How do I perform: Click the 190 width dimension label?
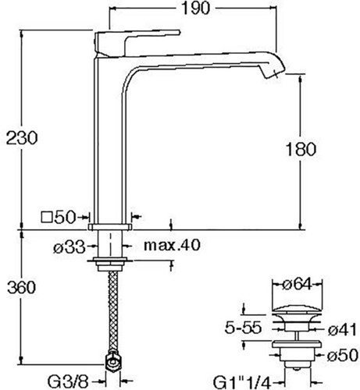[195, 9]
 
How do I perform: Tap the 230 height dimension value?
[22, 138]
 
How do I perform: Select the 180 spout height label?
[301, 150]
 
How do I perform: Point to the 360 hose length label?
[22, 288]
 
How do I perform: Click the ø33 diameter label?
[70, 247]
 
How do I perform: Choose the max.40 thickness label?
[172, 245]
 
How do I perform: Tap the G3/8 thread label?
[68, 382]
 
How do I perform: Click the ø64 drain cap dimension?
[297, 285]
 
